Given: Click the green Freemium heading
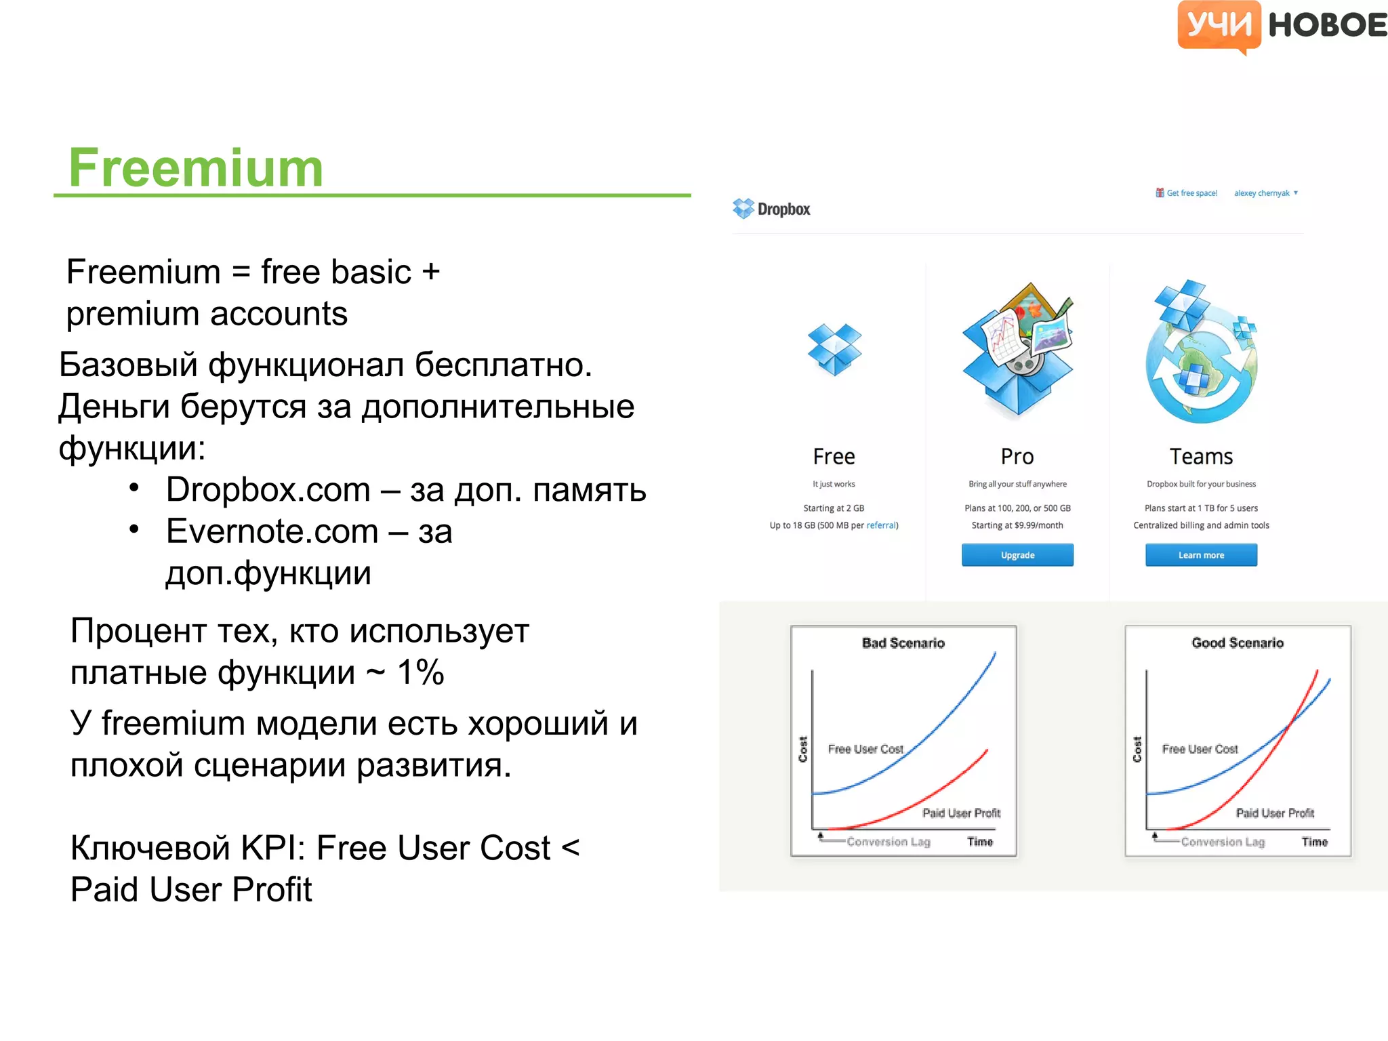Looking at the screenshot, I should pyautogui.click(x=196, y=168).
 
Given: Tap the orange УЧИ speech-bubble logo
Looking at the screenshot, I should pyautogui.click(x=1219, y=26).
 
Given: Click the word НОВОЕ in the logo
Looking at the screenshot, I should pyautogui.click(x=1327, y=26).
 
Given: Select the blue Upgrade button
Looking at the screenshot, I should pyautogui.click(x=1017, y=555).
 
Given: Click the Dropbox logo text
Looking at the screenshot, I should pyautogui.click(x=783, y=209).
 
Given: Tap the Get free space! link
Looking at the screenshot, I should pyautogui.click(x=1191, y=193).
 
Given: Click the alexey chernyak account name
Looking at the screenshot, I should pyautogui.click(x=1261, y=193).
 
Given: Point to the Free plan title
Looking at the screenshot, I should pyautogui.click(x=834, y=457).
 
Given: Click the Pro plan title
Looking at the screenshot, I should pyautogui.click(x=1017, y=457).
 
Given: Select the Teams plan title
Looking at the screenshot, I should pyautogui.click(x=1201, y=457).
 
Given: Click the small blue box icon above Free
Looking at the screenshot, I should pyautogui.click(x=834, y=349).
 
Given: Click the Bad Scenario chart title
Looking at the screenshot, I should pyautogui.click(x=903, y=643).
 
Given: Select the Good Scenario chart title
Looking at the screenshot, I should pyautogui.click(x=1238, y=643).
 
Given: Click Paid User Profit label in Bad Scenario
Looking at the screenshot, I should pyautogui.click(x=961, y=813).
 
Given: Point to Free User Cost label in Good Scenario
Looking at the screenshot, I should pyautogui.click(x=1200, y=749).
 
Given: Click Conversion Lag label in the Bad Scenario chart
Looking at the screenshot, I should pyautogui.click(x=888, y=842).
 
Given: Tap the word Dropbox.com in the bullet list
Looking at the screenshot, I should pyautogui.click(x=268, y=490).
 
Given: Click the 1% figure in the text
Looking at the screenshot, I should pyautogui.click(x=420, y=673).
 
